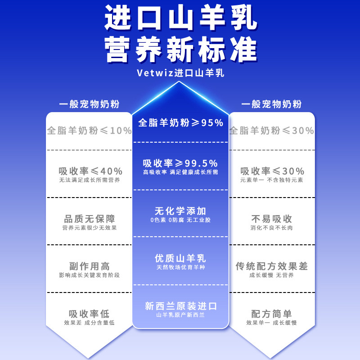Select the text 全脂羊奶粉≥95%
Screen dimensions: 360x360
[180, 122]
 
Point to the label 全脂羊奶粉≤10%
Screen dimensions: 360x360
[90, 131]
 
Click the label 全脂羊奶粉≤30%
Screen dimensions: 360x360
[272, 131]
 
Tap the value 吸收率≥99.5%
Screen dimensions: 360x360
[180, 163]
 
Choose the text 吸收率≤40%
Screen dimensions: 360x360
[90, 171]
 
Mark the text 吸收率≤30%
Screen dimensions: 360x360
[272, 171]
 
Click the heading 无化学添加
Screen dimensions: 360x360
[180, 211]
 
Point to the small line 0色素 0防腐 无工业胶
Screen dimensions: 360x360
[180, 220]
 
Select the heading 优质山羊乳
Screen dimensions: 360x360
[180, 258]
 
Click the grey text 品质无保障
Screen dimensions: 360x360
[90, 219]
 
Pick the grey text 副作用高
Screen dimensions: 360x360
[90, 266]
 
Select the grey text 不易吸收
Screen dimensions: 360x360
[272, 219]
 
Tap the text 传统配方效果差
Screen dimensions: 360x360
[272, 266]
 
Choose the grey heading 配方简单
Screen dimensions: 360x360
[272, 314]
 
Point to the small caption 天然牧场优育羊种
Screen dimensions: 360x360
[180, 268]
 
